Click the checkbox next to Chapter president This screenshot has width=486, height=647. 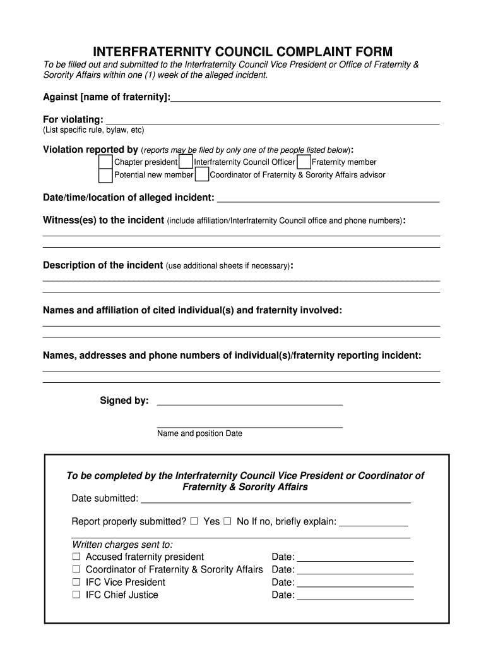point(106,162)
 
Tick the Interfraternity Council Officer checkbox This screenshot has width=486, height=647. point(186,162)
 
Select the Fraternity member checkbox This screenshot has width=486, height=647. point(304,162)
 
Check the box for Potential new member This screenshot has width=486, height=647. point(106,175)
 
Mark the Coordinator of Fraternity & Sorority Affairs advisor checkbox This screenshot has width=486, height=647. point(201,175)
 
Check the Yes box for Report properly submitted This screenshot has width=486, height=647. point(194,522)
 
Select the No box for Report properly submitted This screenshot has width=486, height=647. point(227,522)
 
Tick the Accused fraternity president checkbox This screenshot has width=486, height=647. point(76,557)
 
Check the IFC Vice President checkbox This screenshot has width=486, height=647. point(76,582)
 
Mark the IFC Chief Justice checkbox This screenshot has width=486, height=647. point(76,595)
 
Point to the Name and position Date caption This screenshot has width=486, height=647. point(199,433)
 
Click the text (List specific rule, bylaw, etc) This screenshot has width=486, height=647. point(93,130)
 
